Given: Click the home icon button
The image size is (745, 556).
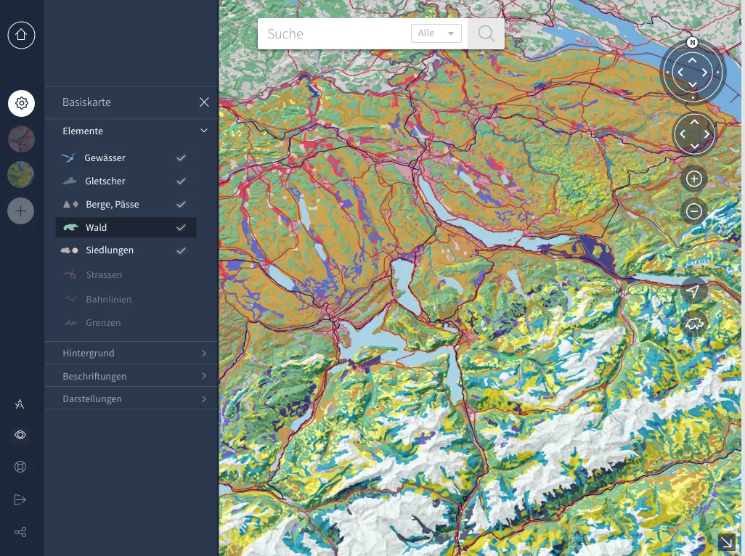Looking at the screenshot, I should click(21, 35).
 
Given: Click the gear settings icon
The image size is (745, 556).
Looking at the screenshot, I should click(21, 103).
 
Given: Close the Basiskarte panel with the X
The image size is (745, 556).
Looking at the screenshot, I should click(204, 102).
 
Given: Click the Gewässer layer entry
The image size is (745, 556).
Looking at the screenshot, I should click(105, 158).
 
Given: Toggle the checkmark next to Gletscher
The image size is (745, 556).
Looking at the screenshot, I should click(182, 181).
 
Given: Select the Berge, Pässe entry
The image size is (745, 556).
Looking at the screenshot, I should click(112, 204).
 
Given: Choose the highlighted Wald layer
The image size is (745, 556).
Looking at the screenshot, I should click(96, 227).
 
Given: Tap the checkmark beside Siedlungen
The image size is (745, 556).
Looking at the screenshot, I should click(182, 250).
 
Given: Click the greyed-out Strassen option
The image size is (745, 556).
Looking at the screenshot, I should click(103, 275).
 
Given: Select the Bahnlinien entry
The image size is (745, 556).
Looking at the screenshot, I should click(108, 299).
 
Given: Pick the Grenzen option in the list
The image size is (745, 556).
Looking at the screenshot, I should click(102, 322).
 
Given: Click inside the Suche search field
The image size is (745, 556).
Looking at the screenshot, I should click(334, 33).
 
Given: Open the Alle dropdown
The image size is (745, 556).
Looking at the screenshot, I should click(436, 33).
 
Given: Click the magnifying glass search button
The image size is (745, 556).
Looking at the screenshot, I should click(486, 33).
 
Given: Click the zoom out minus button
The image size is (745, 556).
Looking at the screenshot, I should click(693, 211).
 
